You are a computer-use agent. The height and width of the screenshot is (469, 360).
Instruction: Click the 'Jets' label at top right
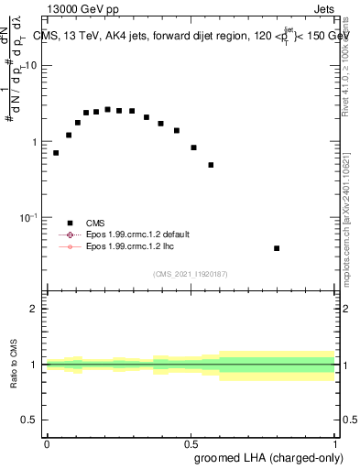[x=323, y=9]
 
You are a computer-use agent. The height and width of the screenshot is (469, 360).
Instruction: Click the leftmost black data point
[x=56, y=153]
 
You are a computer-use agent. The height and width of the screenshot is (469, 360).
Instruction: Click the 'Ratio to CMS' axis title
[x=14, y=365]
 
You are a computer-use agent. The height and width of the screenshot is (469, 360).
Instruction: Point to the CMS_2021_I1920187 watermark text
[x=191, y=274]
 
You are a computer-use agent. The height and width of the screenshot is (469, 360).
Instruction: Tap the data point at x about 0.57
[x=211, y=165]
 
